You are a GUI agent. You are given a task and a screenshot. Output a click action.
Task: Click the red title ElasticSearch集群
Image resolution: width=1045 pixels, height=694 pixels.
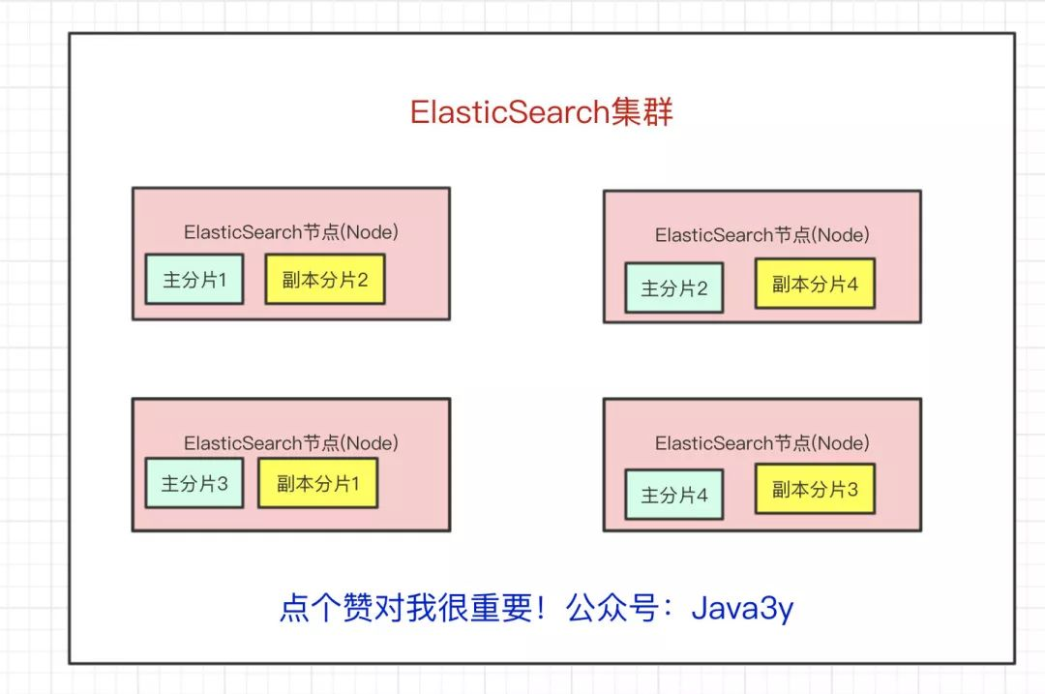tap(541, 112)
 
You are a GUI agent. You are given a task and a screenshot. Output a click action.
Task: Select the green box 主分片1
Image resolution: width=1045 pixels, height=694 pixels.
tap(194, 280)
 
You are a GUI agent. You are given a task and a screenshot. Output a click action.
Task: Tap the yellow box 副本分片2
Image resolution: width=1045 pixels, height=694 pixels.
tap(325, 280)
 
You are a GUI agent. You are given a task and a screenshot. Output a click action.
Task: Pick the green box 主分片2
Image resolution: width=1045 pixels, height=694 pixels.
tap(674, 288)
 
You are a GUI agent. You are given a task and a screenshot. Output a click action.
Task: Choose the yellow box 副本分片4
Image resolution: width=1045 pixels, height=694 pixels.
tap(815, 284)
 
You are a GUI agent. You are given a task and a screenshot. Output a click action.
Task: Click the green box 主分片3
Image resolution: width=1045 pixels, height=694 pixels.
tap(194, 483)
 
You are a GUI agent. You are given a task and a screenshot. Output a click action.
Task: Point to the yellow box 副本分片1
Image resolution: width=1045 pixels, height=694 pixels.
tap(318, 483)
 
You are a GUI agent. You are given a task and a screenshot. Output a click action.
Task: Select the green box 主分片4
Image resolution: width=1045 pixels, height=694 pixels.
tap(674, 495)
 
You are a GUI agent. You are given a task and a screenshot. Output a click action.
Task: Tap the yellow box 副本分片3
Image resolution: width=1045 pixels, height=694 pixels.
tap(815, 490)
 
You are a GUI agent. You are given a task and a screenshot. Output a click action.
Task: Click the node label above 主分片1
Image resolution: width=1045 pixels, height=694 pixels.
tap(291, 232)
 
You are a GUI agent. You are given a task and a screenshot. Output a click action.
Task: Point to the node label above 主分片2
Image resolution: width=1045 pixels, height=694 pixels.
tap(762, 234)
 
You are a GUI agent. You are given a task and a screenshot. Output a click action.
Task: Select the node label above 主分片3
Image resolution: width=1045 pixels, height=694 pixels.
tap(291, 442)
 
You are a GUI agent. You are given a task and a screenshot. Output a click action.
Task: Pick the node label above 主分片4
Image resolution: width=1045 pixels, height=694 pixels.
tap(762, 442)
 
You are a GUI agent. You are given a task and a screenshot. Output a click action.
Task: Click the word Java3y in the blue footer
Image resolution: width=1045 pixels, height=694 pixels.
tap(742, 608)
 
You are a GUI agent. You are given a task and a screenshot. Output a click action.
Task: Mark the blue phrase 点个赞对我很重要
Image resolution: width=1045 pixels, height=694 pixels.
tap(406, 608)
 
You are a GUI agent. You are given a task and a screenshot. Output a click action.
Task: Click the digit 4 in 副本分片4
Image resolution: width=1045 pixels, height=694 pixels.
tap(851, 285)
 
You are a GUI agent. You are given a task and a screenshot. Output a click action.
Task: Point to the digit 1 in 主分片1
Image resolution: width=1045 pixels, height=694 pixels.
tap(222, 280)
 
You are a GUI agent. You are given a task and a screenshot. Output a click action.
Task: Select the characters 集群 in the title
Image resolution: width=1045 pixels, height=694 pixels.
tap(642, 112)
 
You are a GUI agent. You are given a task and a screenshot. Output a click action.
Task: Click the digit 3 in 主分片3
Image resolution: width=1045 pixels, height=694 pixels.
tap(222, 484)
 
